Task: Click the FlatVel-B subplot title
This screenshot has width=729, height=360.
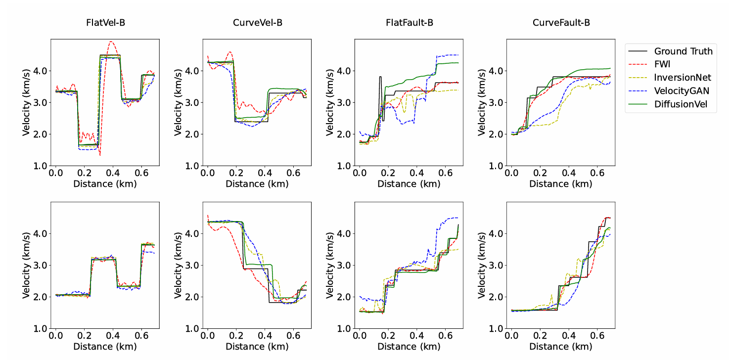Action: [x=105, y=23]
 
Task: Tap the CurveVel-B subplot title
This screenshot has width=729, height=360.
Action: [x=258, y=23]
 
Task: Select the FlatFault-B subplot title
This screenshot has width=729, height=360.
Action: [x=410, y=23]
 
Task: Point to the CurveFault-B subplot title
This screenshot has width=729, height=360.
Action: [x=561, y=23]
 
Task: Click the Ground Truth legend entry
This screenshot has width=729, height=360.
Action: [x=683, y=51]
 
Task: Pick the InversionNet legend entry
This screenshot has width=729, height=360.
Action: [x=683, y=77]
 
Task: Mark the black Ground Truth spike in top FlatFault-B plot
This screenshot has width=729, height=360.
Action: [x=380, y=77]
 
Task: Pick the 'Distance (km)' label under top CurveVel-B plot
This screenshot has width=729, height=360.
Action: [x=257, y=184]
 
